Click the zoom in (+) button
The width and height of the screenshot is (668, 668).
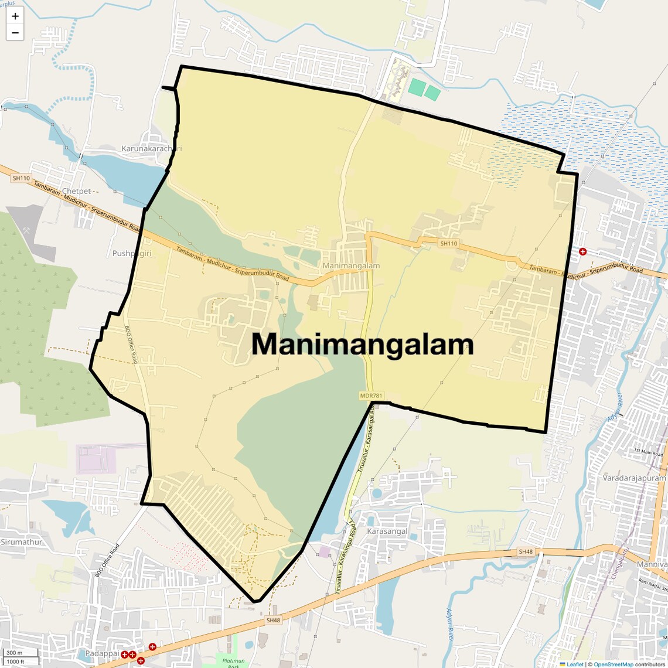[15, 16]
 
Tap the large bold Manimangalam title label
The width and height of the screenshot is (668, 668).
[362, 345]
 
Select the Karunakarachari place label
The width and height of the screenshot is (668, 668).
[151, 149]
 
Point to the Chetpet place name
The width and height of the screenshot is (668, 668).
[77, 191]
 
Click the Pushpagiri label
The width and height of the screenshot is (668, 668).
[132, 254]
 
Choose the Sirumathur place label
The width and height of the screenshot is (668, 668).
[22, 542]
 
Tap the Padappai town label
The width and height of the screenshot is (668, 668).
[102, 653]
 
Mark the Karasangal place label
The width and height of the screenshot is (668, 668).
[387, 531]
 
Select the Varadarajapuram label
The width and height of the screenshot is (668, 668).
[634, 478]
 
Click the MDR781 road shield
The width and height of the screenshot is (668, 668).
[371, 396]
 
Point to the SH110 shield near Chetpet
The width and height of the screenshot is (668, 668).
[21, 178]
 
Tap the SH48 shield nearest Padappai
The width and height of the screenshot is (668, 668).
[274, 620]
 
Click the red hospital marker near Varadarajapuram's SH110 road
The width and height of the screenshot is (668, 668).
[582, 251]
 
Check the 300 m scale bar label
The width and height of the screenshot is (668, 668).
[14, 653]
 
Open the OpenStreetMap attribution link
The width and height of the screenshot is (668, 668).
[614, 664]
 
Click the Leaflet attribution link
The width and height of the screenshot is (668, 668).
[575, 664]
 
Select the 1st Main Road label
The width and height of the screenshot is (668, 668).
[648, 452]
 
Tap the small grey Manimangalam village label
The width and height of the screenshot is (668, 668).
[351, 266]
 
